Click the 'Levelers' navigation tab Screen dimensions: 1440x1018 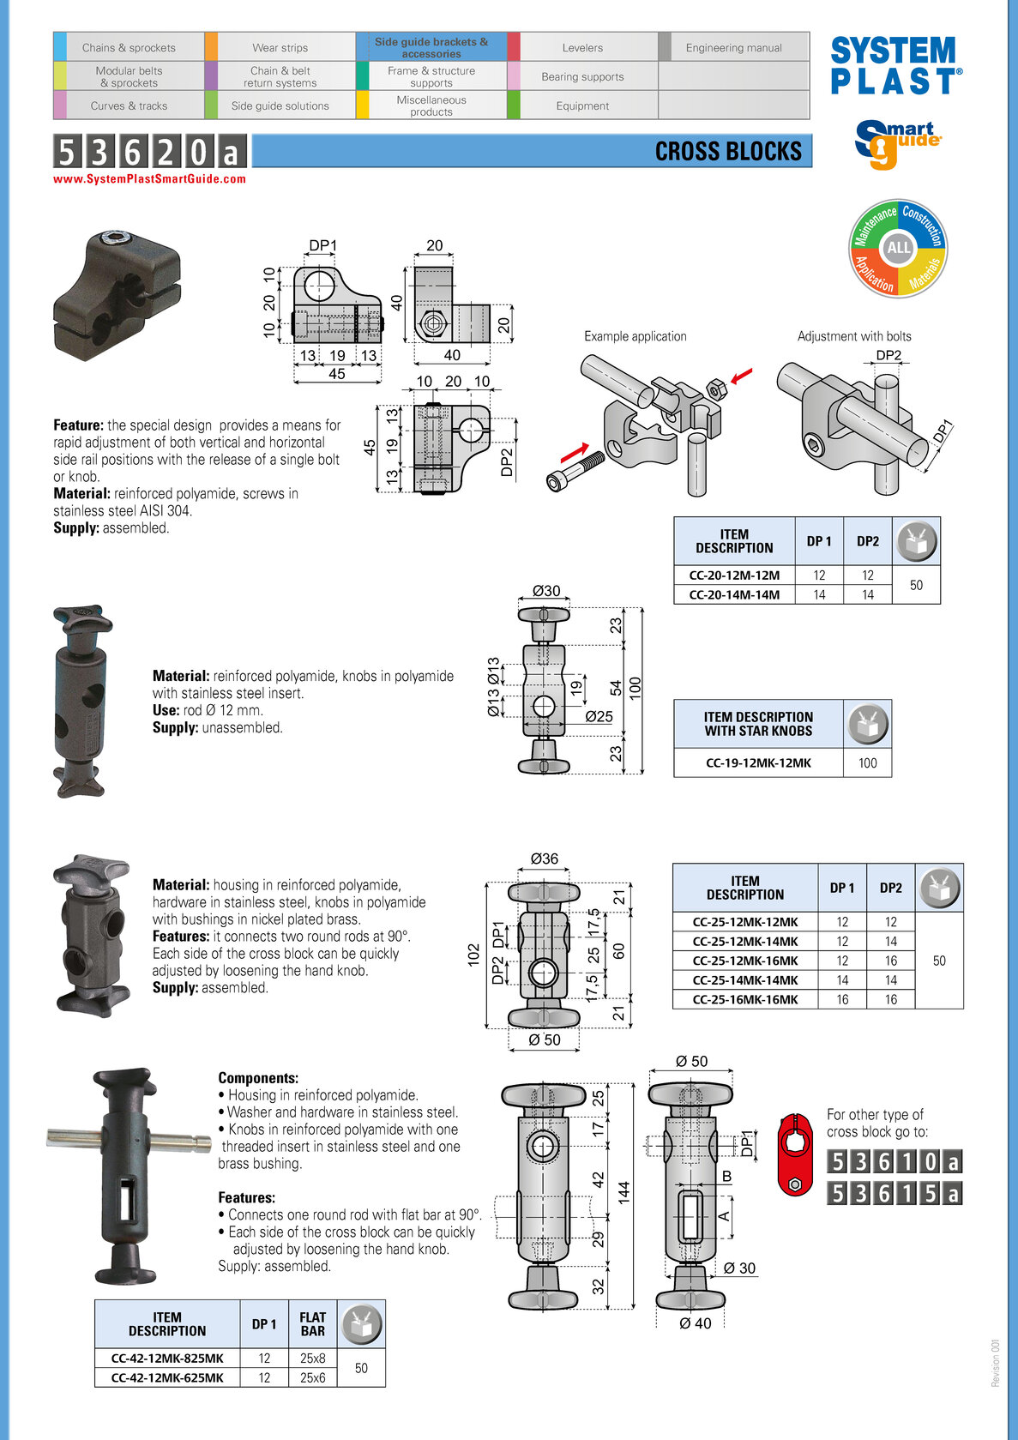click(x=582, y=48)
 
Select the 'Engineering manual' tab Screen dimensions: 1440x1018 click(x=733, y=48)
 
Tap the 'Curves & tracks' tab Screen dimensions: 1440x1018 click(x=129, y=106)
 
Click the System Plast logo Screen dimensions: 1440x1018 click(x=895, y=65)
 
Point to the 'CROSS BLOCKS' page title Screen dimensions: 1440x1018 click(x=728, y=152)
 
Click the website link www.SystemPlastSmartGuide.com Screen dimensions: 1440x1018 click(x=149, y=179)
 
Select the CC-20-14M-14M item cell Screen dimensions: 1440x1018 click(x=734, y=594)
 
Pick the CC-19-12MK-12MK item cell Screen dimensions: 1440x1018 click(x=758, y=762)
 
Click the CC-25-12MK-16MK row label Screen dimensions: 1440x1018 click(x=744, y=961)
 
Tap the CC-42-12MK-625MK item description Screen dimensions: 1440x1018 click(x=167, y=1377)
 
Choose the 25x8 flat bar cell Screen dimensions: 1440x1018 click(x=312, y=1359)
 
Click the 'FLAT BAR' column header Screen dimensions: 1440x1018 click(x=312, y=1324)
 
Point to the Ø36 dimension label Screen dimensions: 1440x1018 click(x=544, y=859)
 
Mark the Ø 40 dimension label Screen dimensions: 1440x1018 click(x=695, y=1323)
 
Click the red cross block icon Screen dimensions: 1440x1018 click(x=795, y=1154)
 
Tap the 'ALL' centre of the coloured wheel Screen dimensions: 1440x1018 click(x=898, y=248)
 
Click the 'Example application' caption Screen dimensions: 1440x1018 click(x=635, y=336)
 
